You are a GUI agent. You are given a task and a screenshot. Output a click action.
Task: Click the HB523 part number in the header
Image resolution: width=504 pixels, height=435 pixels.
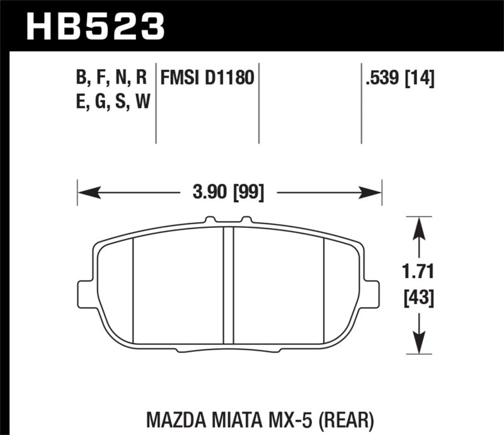pyautogui.click(x=94, y=27)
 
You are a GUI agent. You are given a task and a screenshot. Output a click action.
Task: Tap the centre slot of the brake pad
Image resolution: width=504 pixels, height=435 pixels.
pyautogui.click(x=229, y=283)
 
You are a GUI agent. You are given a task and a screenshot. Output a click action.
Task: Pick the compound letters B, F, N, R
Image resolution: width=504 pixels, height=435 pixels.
pyautogui.click(x=111, y=79)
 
